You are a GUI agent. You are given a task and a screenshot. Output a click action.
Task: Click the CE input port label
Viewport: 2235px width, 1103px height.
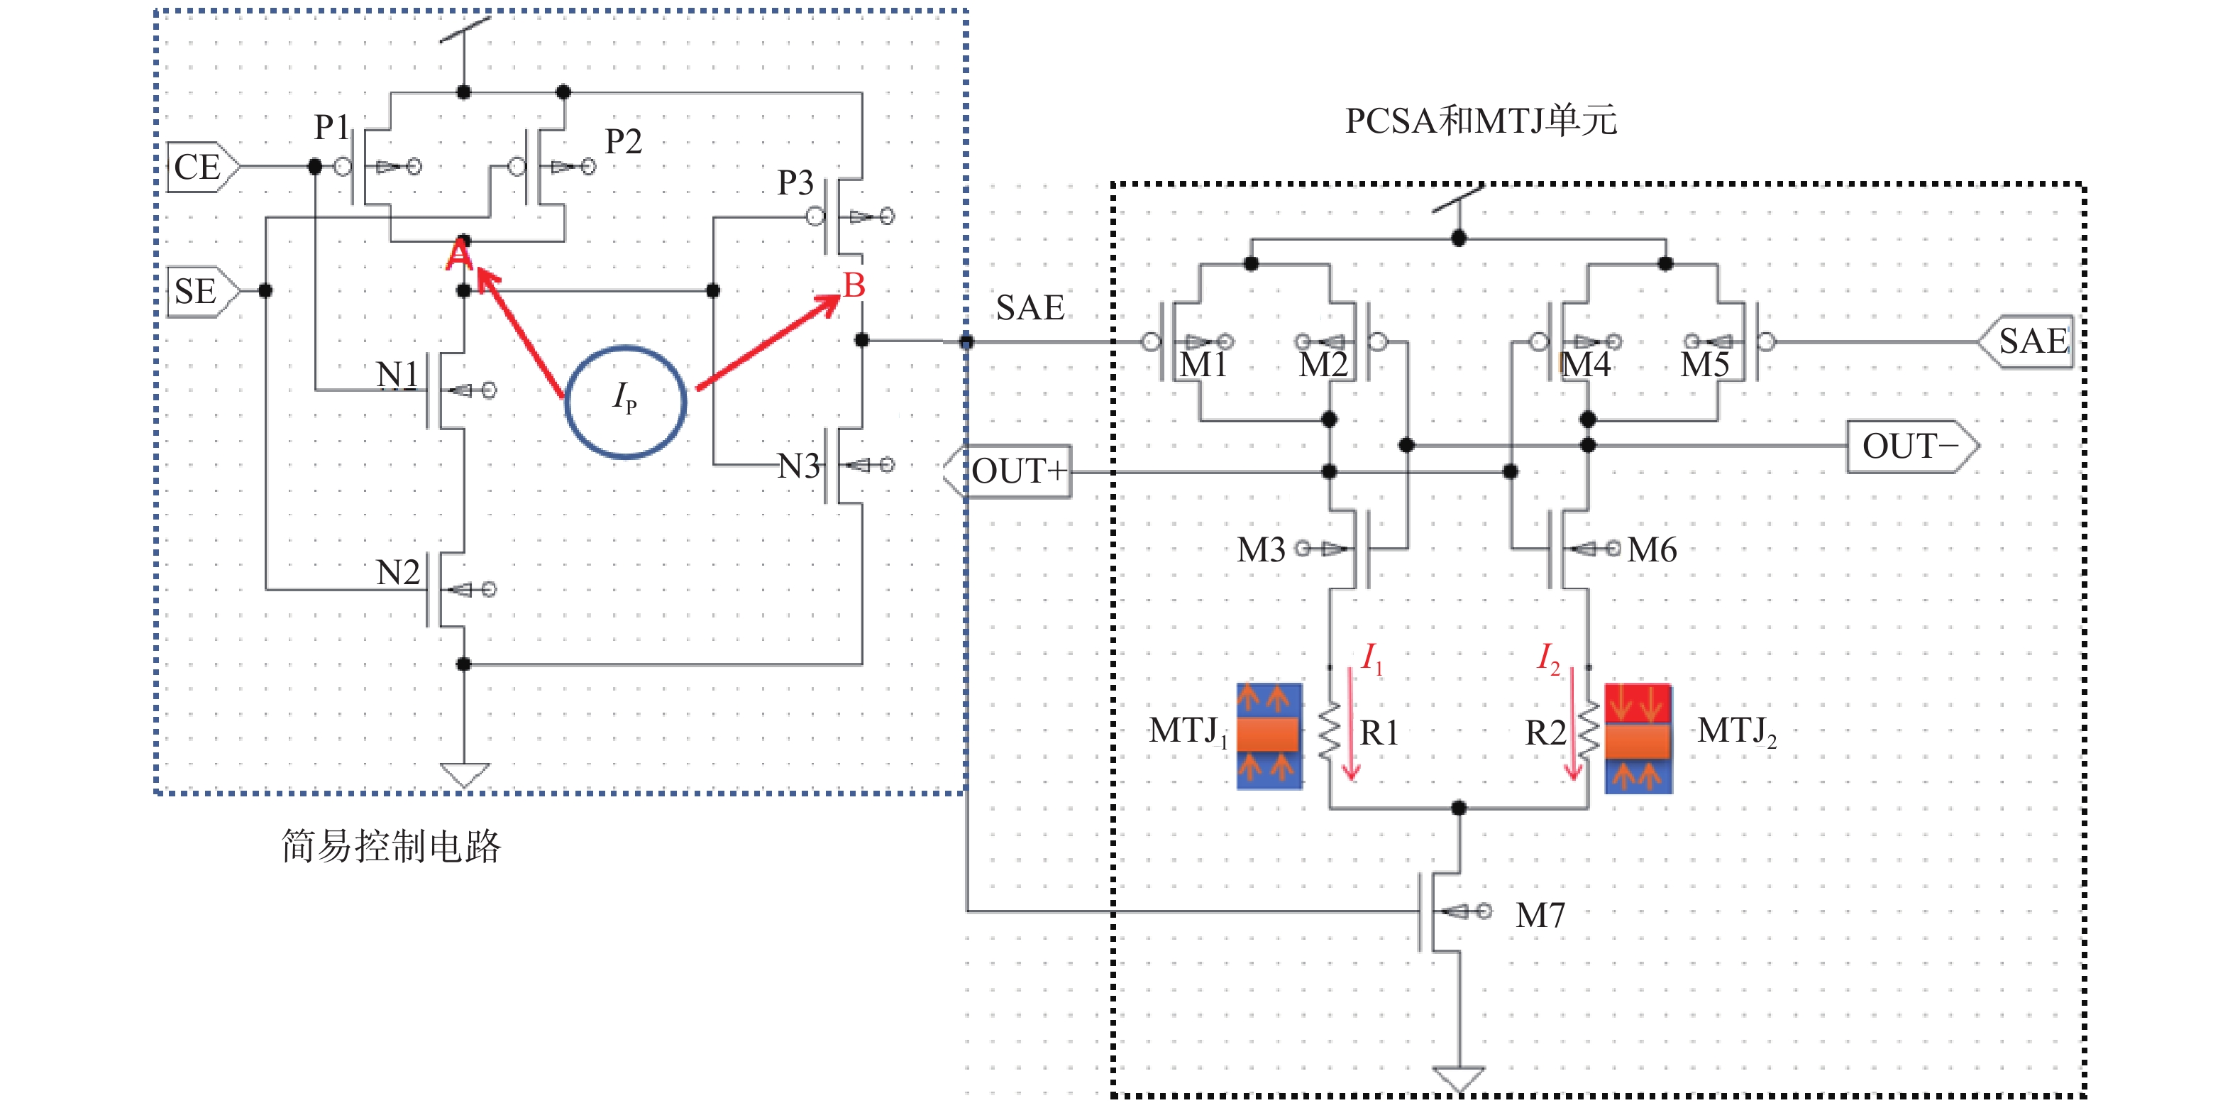point(199,167)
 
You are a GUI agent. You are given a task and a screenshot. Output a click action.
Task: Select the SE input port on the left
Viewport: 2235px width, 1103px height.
point(198,291)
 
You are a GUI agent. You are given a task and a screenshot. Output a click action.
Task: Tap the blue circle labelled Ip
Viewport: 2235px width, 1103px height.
point(624,401)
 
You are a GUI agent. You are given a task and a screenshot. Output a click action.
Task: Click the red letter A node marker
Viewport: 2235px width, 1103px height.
point(459,254)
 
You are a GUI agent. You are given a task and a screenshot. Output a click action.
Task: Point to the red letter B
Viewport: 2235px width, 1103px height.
point(854,285)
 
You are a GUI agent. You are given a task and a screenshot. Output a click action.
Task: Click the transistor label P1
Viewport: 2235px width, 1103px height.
point(331,128)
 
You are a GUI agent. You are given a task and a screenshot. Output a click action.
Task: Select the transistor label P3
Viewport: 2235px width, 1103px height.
point(795,182)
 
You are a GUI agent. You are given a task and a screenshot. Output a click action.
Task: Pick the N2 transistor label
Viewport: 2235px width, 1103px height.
point(398,572)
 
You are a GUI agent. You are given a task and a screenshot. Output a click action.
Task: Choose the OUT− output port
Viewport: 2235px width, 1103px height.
point(1909,446)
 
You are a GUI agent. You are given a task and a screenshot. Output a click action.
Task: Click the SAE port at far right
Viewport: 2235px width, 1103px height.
point(2032,341)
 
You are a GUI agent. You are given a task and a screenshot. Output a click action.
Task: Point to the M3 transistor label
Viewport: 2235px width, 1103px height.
point(1261,549)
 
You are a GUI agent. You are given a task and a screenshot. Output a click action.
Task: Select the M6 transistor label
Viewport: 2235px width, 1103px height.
point(1652,549)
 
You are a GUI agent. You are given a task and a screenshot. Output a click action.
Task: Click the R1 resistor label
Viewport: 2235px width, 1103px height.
point(1379,733)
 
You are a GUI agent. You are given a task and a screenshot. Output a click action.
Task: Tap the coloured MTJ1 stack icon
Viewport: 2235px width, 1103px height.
point(1269,735)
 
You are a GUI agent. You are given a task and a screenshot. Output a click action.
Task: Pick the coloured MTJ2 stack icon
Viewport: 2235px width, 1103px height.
point(1637,737)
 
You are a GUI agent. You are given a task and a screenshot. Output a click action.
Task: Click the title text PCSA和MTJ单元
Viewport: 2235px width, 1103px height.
point(1480,121)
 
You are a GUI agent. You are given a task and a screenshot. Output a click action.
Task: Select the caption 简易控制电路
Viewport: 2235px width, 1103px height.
point(391,845)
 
